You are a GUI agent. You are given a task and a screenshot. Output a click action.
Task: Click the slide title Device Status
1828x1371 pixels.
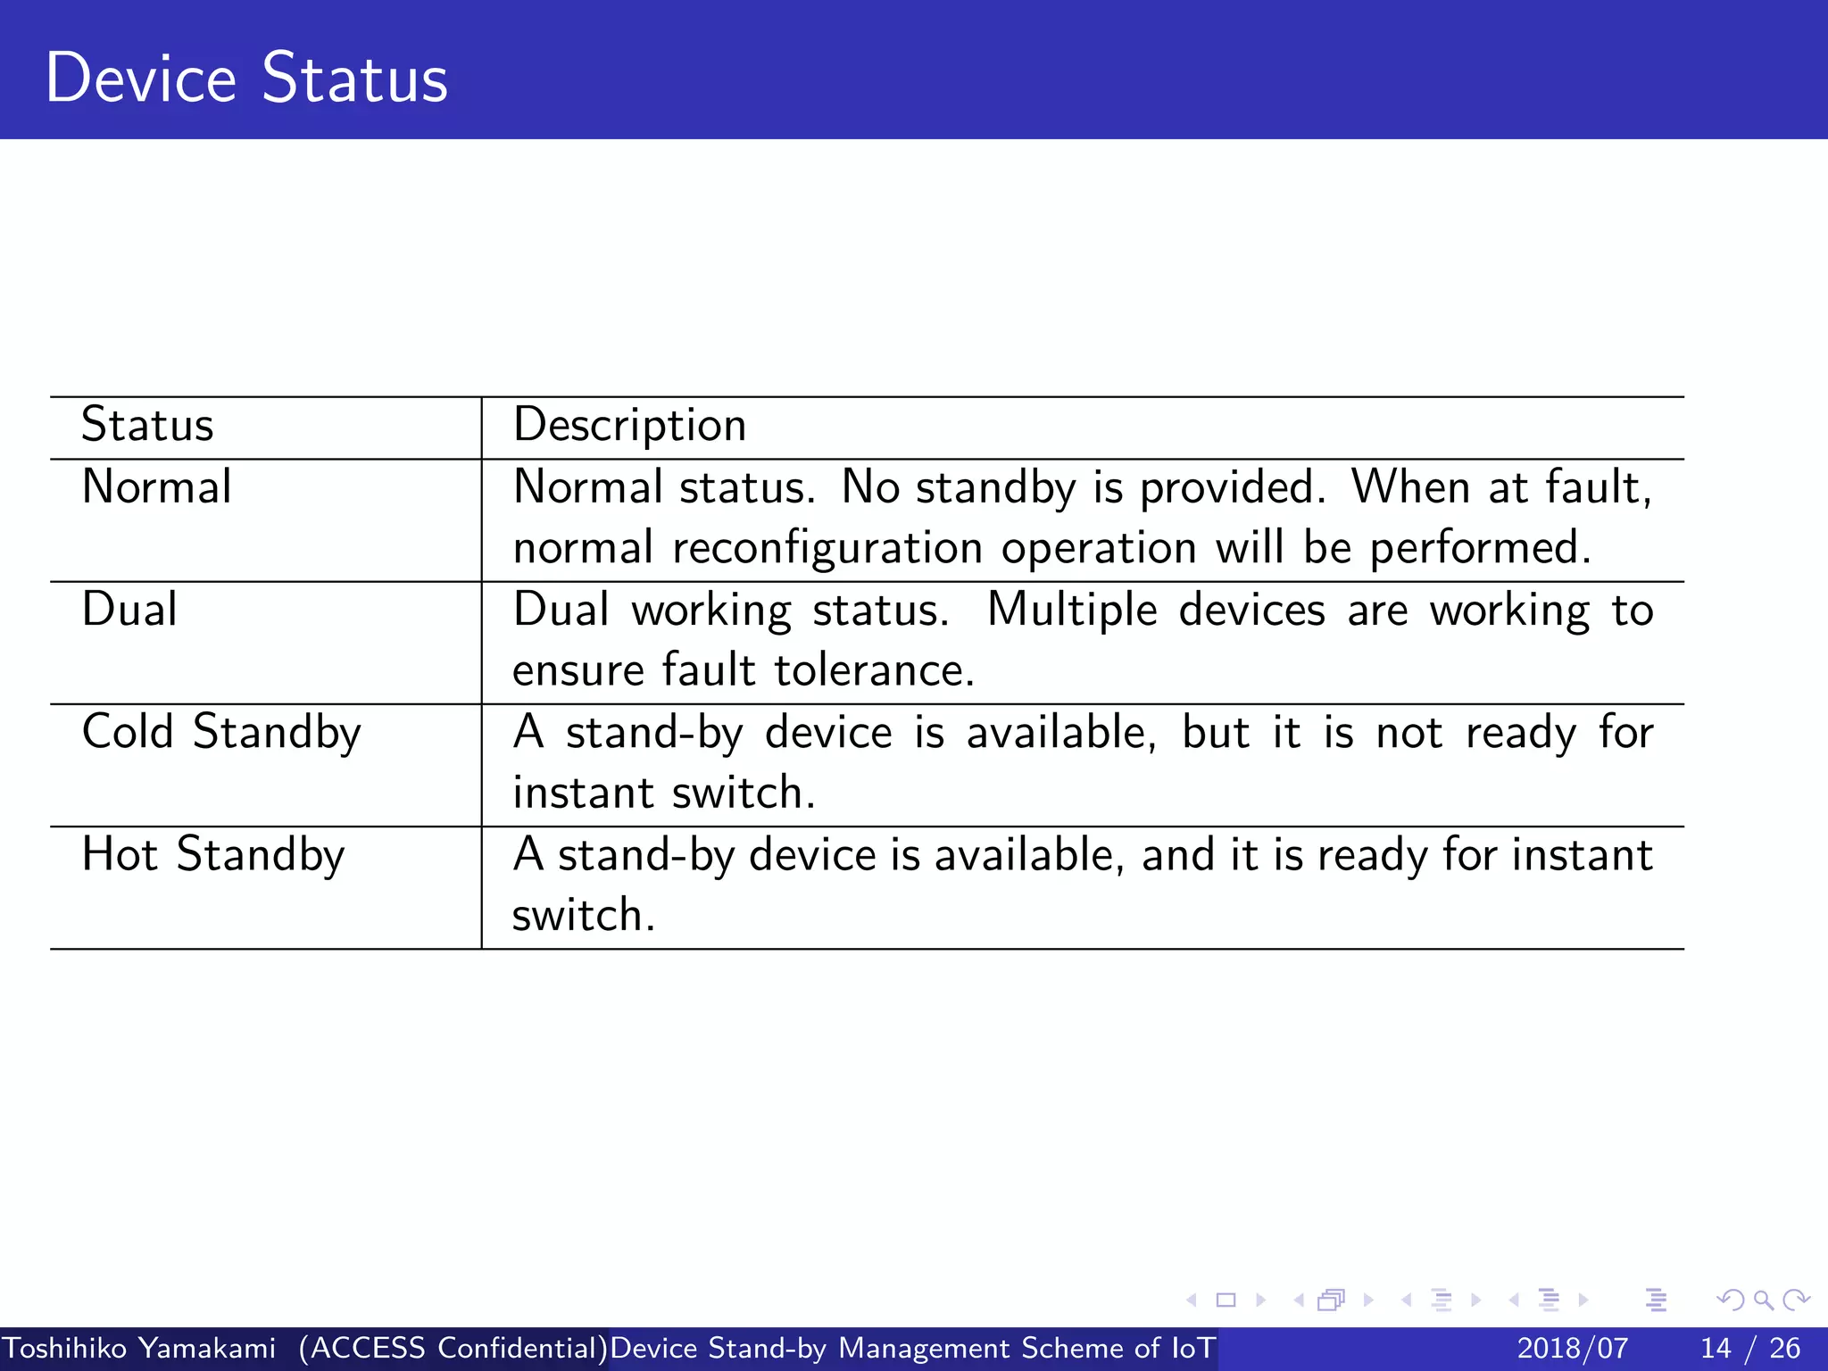pyautogui.click(x=246, y=79)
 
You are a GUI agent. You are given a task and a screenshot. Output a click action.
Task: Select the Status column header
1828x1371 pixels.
pyautogui.click(x=147, y=425)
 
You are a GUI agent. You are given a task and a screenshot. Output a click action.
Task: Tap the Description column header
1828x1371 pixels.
pyautogui.click(x=629, y=425)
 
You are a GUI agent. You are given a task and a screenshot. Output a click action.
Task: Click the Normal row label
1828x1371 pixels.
pyautogui.click(x=156, y=487)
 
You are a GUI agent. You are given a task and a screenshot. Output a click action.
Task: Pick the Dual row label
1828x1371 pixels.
pyautogui.click(x=129, y=610)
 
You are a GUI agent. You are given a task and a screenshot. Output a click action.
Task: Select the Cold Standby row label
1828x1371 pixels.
pyautogui.click(x=221, y=732)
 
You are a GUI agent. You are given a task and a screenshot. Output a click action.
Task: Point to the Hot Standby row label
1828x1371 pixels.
pyautogui.click(x=212, y=854)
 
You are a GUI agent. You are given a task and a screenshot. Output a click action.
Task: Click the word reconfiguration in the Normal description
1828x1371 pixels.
pyautogui.click(x=827, y=548)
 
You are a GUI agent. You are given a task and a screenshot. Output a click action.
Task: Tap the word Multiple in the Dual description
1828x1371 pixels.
pyautogui.click(x=1072, y=611)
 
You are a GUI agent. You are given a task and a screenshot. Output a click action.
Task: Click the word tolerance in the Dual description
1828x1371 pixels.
pyautogui.click(x=873, y=670)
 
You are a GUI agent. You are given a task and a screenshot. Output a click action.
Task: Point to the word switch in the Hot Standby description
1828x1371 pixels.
pyautogui.click(x=582, y=915)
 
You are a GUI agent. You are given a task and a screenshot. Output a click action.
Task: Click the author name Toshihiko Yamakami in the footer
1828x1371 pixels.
pyautogui.click(x=139, y=1348)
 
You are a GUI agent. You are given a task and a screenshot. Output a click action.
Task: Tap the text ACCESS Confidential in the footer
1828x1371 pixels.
pyautogui.click(x=453, y=1348)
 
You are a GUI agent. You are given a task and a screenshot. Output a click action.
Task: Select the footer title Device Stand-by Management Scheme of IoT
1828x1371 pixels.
pyautogui.click(x=912, y=1348)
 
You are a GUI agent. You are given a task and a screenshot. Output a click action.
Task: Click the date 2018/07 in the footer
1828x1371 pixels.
pyautogui.click(x=1572, y=1348)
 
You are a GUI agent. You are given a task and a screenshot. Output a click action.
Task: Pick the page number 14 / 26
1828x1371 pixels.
pyautogui.click(x=1749, y=1348)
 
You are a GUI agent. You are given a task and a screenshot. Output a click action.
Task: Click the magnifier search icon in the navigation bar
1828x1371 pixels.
pyautogui.click(x=1763, y=1300)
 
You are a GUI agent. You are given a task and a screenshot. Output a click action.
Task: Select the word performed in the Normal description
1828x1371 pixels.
pyautogui.click(x=1480, y=548)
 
